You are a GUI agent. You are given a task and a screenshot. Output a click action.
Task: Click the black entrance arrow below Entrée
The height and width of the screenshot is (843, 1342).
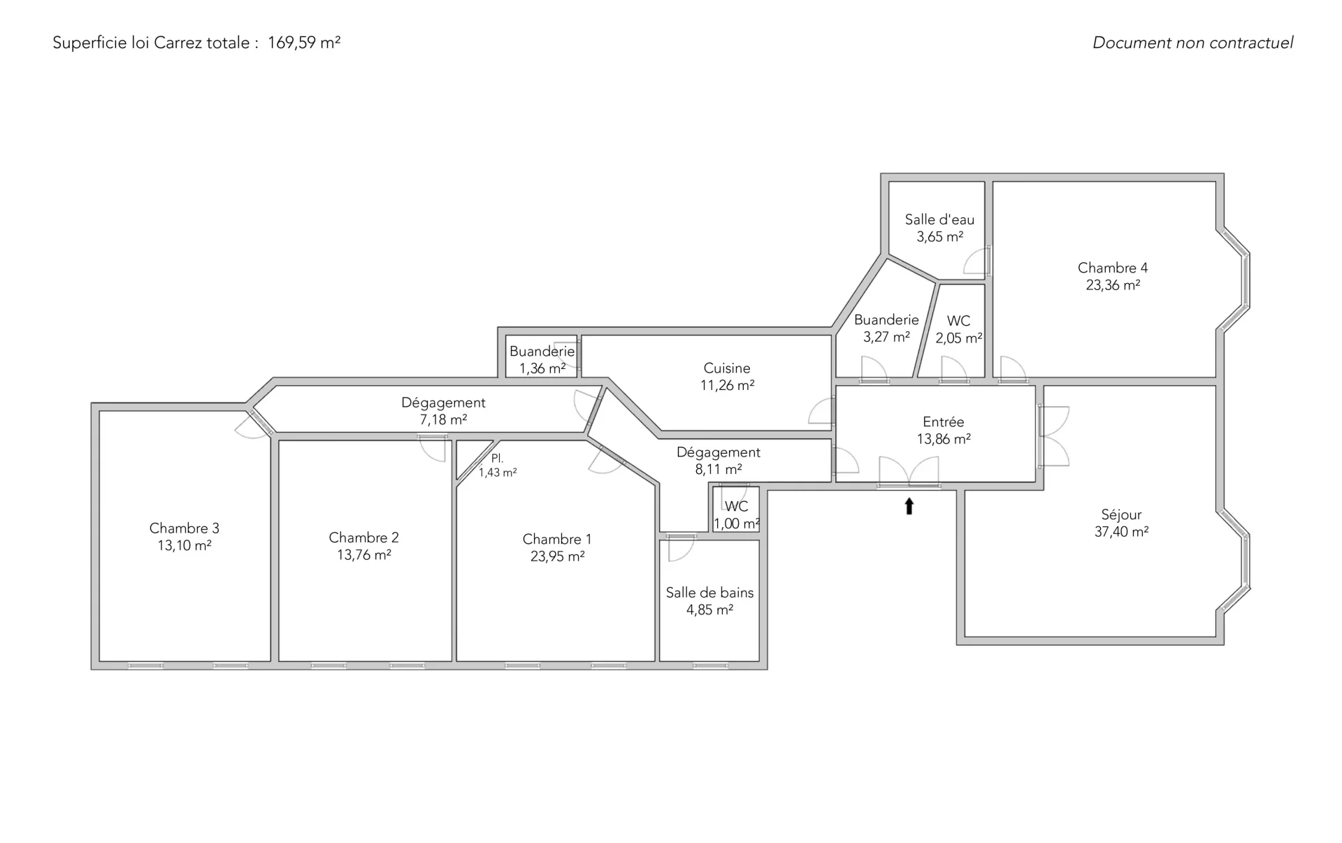pyautogui.click(x=909, y=506)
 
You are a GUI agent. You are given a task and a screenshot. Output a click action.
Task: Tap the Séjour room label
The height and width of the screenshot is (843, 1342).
pyautogui.click(x=1121, y=514)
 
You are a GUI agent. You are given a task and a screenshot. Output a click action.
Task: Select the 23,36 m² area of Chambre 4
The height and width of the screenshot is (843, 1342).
pyautogui.click(x=1113, y=285)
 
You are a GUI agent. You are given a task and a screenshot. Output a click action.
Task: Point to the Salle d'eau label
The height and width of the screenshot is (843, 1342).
pyautogui.click(x=939, y=219)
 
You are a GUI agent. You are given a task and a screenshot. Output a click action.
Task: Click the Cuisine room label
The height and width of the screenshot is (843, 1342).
pyautogui.click(x=727, y=368)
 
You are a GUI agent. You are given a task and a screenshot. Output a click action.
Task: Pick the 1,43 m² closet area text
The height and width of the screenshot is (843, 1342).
pyautogui.click(x=498, y=473)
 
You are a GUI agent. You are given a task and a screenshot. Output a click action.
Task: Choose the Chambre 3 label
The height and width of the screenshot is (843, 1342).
pyautogui.click(x=185, y=528)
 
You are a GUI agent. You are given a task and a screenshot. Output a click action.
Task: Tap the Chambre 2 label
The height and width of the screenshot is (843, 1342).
pyautogui.click(x=363, y=538)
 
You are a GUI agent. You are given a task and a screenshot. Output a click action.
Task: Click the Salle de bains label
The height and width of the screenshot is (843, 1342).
pyautogui.click(x=709, y=593)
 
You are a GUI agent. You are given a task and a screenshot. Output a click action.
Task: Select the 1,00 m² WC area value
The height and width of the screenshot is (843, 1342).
pyautogui.click(x=737, y=524)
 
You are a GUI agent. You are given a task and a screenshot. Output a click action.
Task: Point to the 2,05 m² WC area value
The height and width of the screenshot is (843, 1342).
pyautogui.click(x=959, y=338)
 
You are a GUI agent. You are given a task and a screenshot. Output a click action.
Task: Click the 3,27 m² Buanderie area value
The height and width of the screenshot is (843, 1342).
pyautogui.click(x=886, y=337)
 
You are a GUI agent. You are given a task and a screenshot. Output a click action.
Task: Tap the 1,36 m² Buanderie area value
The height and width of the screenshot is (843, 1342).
pyautogui.click(x=542, y=368)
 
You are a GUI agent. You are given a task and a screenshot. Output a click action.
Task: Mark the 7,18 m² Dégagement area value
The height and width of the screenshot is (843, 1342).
pyautogui.click(x=443, y=420)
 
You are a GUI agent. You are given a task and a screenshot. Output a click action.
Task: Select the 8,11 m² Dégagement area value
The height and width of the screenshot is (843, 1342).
pyautogui.click(x=719, y=470)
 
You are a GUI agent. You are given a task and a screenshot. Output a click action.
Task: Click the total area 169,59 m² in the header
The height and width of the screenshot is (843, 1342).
pyautogui.click(x=304, y=43)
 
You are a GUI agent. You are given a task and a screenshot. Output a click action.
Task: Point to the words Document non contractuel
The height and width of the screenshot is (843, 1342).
pyautogui.click(x=1192, y=43)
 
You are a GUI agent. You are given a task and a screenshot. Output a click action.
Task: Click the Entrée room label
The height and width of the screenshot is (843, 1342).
pyautogui.click(x=944, y=422)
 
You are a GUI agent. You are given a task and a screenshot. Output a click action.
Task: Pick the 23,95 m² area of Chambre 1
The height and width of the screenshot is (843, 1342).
pyautogui.click(x=557, y=556)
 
